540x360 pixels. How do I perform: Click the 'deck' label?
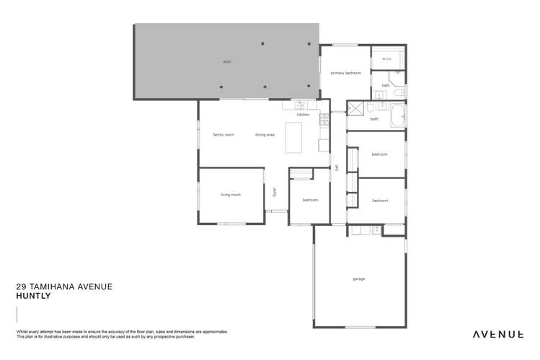(x=226, y=62)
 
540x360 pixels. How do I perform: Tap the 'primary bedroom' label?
(x=345, y=73)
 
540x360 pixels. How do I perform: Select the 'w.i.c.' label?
(x=387, y=58)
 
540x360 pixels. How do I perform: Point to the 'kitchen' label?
(x=304, y=115)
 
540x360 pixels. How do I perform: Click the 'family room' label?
(x=223, y=135)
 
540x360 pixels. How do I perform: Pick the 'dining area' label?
(x=265, y=135)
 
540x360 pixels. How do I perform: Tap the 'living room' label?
(x=231, y=195)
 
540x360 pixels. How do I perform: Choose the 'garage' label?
(x=358, y=278)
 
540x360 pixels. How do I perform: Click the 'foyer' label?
(x=274, y=193)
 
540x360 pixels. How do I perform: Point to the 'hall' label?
(x=337, y=168)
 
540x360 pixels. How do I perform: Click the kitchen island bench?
(x=295, y=137)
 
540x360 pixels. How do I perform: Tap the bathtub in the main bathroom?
(x=397, y=116)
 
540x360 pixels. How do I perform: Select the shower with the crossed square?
(x=355, y=109)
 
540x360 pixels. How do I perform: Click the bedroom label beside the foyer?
(x=310, y=200)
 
